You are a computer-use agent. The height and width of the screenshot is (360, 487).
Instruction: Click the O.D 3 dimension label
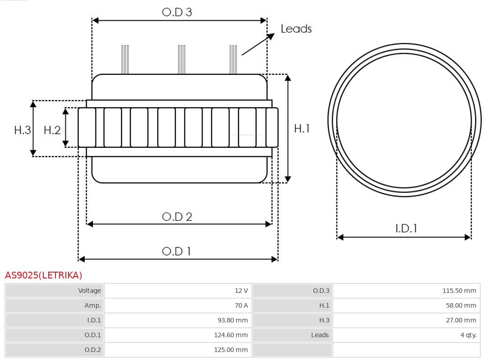(x=177, y=12)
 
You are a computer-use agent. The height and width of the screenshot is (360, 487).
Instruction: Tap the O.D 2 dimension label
(x=177, y=217)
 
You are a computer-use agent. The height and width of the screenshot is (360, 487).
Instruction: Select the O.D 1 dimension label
(x=176, y=251)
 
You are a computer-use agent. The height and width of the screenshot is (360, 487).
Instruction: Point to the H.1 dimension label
(x=302, y=128)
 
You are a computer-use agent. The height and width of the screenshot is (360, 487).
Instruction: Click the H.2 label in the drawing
(x=52, y=130)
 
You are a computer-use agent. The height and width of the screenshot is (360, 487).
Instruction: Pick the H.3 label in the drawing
(x=23, y=130)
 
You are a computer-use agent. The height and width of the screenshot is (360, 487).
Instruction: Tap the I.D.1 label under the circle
(x=406, y=228)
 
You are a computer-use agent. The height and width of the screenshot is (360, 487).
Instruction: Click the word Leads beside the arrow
(x=296, y=28)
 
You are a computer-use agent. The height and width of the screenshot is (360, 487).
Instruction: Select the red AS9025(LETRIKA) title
(x=43, y=275)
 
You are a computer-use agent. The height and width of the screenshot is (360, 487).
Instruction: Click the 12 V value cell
(x=178, y=291)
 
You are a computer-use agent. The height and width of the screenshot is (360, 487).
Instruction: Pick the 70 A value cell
(x=178, y=305)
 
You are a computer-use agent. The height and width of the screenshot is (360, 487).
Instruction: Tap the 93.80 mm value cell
(x=178, y=320)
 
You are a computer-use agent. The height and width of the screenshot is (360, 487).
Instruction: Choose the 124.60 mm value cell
(x=178, y=335)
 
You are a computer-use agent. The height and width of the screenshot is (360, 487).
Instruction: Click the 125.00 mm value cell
(x=178, y=350)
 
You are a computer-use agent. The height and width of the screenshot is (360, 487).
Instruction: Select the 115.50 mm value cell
(x=407, y=291)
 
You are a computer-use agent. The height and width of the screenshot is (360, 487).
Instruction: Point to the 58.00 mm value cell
(x=407, y=305)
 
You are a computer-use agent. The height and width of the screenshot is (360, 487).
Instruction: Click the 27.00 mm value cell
(x=407, y=320)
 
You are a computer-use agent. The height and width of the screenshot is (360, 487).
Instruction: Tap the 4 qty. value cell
(x=407, y=335)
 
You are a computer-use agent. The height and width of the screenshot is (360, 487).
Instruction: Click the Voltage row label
(x=89, y=291)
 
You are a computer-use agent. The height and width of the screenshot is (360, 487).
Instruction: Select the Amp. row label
(x=92, y=305)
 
